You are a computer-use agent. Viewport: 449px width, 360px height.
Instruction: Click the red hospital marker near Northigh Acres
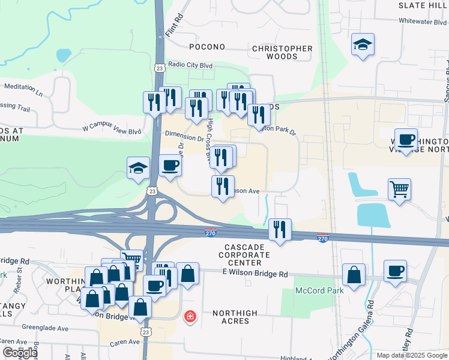pyautogui.click(x=190, y=316)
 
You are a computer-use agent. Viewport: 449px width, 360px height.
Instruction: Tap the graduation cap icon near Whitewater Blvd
pyautogui.click(x=363, y=45)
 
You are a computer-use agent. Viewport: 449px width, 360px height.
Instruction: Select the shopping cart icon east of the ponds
pyautogui.click(x=399, y=190)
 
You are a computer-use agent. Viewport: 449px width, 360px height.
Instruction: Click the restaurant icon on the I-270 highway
pyautogui.click(x=280, y=229)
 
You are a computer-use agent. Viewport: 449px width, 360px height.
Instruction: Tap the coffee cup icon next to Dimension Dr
pyautogui.click(x=170, y=165)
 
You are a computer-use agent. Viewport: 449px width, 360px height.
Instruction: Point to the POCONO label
pyautogui.click(x=207, y=47)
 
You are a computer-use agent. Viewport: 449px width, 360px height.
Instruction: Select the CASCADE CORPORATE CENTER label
pyautogui.click(x=243, y=255)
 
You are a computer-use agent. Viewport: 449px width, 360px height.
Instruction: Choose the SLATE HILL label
pyautogui.click(x=423, y=5)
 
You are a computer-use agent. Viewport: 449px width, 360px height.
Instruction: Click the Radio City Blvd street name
pyautogui.click(x=191, y=65)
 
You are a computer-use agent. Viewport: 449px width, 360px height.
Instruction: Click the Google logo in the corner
pyautogui.click(x=20, y=353)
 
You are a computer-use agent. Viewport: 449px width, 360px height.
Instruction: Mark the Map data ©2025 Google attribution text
pyautogui.click(x=411, y=355)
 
